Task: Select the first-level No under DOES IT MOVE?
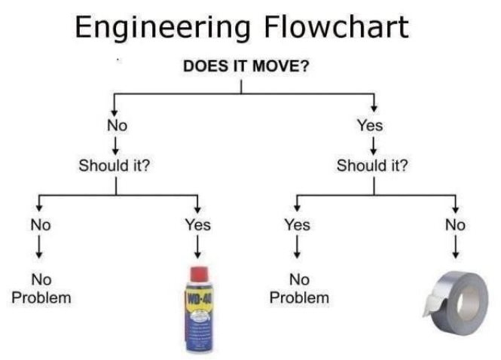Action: coord(117,125)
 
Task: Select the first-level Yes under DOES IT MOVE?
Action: coord(370,125)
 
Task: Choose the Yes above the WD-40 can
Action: coord(197,224)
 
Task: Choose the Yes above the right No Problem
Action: coord(297,224)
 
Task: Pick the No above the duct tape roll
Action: coord(455,224)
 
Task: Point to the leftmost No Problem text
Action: coord(41,288)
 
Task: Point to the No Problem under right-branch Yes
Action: coord(299,288)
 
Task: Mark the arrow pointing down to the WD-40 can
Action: coord(197,246)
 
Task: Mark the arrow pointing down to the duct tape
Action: coord(455,246)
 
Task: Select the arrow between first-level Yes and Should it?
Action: coord(370,145)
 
